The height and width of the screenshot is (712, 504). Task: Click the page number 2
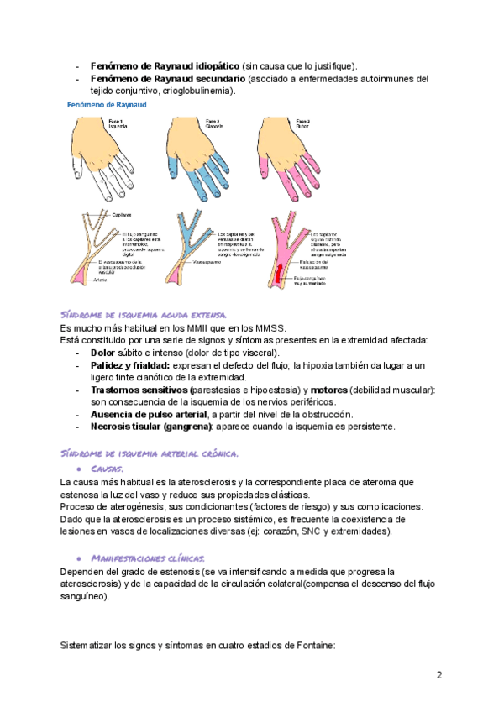tap(438, 675)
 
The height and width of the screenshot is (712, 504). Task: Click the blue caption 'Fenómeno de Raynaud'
tap(108, 105)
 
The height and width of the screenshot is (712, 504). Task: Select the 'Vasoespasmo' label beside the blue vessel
tap(230, 262)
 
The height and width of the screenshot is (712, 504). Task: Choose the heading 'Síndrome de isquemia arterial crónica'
tap(151, 453)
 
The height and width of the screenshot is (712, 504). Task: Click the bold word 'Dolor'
tap(102, 353)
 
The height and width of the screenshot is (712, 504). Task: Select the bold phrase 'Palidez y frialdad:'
tap(129, 366)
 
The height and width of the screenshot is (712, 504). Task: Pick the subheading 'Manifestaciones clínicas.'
tap(147, 558)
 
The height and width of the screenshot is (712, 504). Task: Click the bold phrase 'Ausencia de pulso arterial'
tap(150, 415)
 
